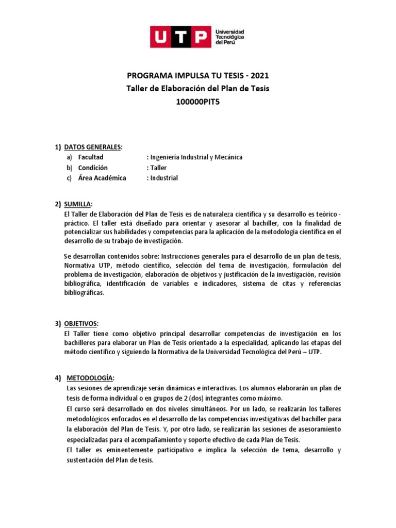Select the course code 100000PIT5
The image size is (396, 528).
tap(198, 101)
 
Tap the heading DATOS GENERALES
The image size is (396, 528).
tap(93, 147)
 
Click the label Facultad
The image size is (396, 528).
tap(91, 157)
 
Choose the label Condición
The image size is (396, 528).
tap(93, 168)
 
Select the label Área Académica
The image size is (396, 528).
tap(102, 178)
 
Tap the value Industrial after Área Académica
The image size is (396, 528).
tap(163, 178)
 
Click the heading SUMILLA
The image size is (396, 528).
tap(77, 204)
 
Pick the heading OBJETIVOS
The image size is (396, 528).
tap(80, 323)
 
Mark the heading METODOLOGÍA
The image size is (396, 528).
tap(89, 378)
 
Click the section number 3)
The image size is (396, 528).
tap(58, 323)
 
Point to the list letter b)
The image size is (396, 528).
tap(69, 168)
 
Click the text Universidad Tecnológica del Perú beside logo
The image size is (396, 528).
tap(229, 37)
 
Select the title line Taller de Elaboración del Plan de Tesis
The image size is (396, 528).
tap(198, 88)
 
